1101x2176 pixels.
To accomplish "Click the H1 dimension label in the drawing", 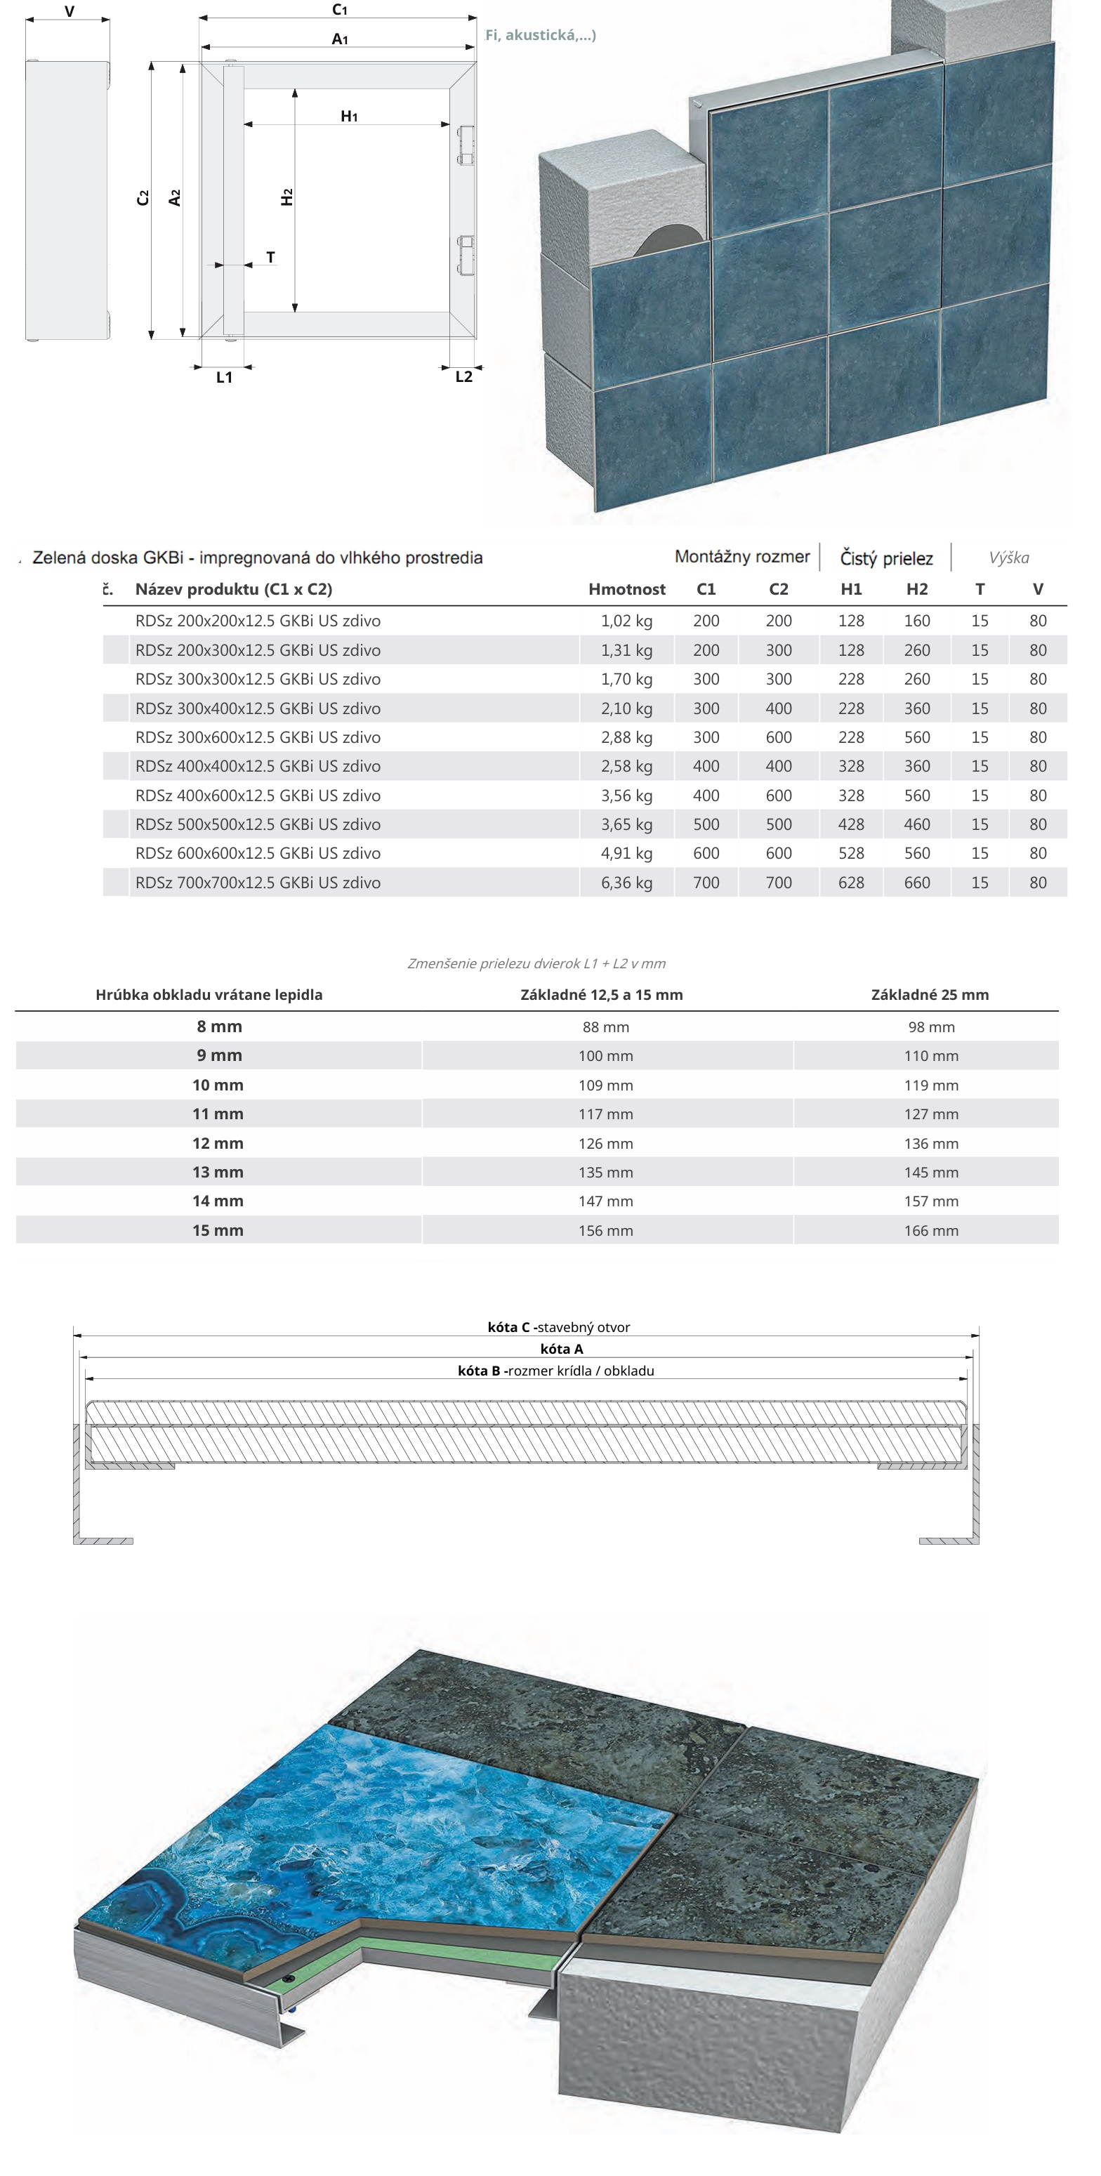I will [349, 117].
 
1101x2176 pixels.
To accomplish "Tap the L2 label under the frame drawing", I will [464, 377].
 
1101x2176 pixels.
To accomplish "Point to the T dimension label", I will [270, 257].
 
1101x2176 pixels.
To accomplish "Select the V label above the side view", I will [70, 12].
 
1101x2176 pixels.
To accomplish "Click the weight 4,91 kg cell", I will [626, 853].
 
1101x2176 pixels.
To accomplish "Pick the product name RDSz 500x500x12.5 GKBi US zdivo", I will [258, 824].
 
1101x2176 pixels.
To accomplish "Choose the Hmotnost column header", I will [626, 590].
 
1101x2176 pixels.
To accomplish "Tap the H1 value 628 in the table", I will [851, 883].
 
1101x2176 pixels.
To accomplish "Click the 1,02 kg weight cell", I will [626, 621].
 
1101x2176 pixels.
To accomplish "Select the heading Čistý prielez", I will [886, 558].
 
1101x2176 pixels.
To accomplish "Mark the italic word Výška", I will [1009, 558].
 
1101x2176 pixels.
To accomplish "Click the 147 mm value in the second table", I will [606, 1201].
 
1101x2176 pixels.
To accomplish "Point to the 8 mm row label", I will [219, 1027].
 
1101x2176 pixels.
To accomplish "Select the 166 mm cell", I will [931, 1231].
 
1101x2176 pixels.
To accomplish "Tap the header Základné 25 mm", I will [930, 995].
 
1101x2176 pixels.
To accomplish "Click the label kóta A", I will [562, 1349].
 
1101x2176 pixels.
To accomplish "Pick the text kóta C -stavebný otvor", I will [558, 1327].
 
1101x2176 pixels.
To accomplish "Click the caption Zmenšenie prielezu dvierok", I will [536, 964].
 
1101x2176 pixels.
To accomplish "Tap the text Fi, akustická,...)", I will [541, 36].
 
